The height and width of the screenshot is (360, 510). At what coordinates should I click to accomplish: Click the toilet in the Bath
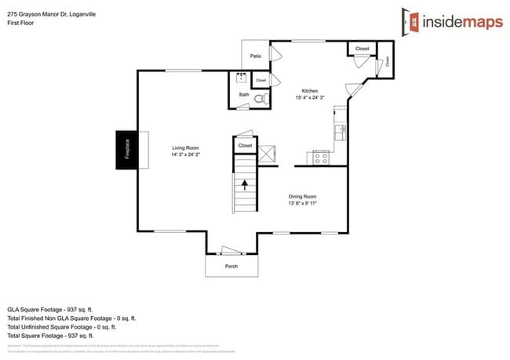pyautogui.click(x=264, y=100)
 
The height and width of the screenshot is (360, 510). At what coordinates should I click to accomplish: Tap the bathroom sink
pyautogui.click(x=241, y=78)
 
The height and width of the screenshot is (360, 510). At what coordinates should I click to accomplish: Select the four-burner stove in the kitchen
pyautogui.click(x=322, y=157)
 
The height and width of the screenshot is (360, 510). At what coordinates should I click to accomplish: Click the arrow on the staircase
pyautogui.click(x=244, y=186)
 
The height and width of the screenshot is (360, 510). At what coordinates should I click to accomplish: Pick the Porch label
pyautogui.click(x=231, y=266)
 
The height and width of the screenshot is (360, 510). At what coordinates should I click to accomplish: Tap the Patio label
pyautogui.click(x=255, y=56)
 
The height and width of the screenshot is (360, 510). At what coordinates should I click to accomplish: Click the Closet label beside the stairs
pyautogui.click(x=245, y=145)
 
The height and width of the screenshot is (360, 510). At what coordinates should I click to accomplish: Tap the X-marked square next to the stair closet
pyautogui.click(x=268, y=151)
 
